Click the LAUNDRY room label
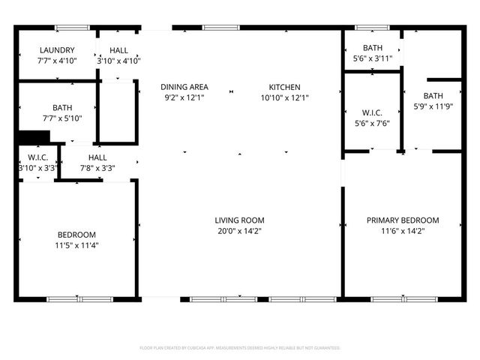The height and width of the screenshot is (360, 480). point(57,50)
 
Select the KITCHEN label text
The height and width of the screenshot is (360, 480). point(284,87)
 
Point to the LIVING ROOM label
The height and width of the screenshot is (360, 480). point(239,220)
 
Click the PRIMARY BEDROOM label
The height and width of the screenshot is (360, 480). point(403,220)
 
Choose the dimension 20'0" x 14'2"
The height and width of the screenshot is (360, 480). point(239,231)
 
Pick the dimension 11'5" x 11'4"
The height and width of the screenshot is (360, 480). point(76,245)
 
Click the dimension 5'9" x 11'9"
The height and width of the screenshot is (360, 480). point(433,106)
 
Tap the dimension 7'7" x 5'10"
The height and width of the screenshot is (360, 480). point(62,118)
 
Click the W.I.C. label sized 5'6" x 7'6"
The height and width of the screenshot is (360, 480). point(373,115)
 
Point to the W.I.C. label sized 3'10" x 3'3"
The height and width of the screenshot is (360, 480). point(37,157)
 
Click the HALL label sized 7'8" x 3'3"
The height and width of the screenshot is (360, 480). point(97,157)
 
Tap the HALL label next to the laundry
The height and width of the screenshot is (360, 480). point(118,50)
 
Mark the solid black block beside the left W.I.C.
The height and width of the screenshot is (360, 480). point(33,137)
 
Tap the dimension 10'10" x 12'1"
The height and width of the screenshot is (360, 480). point(284,97)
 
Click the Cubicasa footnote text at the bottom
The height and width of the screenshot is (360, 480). point(240,348)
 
